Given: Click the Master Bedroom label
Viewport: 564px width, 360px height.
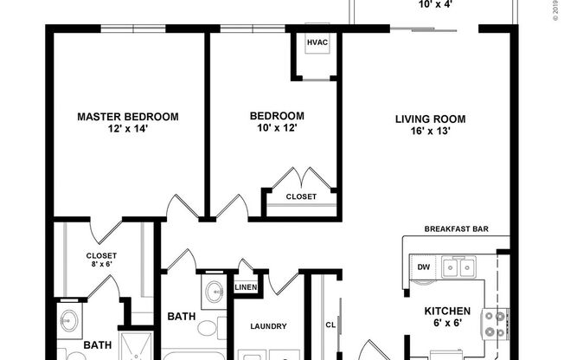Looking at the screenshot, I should click(128, 117).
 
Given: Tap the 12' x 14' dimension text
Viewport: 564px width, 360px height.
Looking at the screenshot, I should click(128, 130).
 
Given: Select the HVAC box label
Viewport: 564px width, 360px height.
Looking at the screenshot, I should click(317, 42).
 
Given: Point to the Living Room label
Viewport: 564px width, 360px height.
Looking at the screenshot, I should click(431, 119).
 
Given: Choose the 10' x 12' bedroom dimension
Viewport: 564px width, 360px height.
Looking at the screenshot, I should click(277, 128).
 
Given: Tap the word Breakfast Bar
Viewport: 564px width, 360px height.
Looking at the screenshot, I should click(457, 229).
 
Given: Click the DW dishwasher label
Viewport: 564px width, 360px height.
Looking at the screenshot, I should click(424, 267).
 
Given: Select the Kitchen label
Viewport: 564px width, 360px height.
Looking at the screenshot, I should click(446, 311).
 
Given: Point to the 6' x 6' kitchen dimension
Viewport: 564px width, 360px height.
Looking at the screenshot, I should click(446, 325).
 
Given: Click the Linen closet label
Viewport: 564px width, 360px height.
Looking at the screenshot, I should click(246, 286).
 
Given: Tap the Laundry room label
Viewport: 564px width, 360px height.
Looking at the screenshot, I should click(267, 326).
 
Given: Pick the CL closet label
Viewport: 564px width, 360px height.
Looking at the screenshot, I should click(330, 325).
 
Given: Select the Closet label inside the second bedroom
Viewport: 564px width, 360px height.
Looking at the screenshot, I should click(301, 196).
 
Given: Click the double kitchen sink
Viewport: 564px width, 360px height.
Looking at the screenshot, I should click(458, 267).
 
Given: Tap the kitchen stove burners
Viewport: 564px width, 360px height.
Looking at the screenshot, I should click(494, 324).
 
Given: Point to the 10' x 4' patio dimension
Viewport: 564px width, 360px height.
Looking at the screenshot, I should click(435, 4).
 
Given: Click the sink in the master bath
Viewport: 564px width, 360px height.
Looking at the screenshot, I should click(68, 321).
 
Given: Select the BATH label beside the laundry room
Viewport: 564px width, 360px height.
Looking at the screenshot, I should click(181, 317).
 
